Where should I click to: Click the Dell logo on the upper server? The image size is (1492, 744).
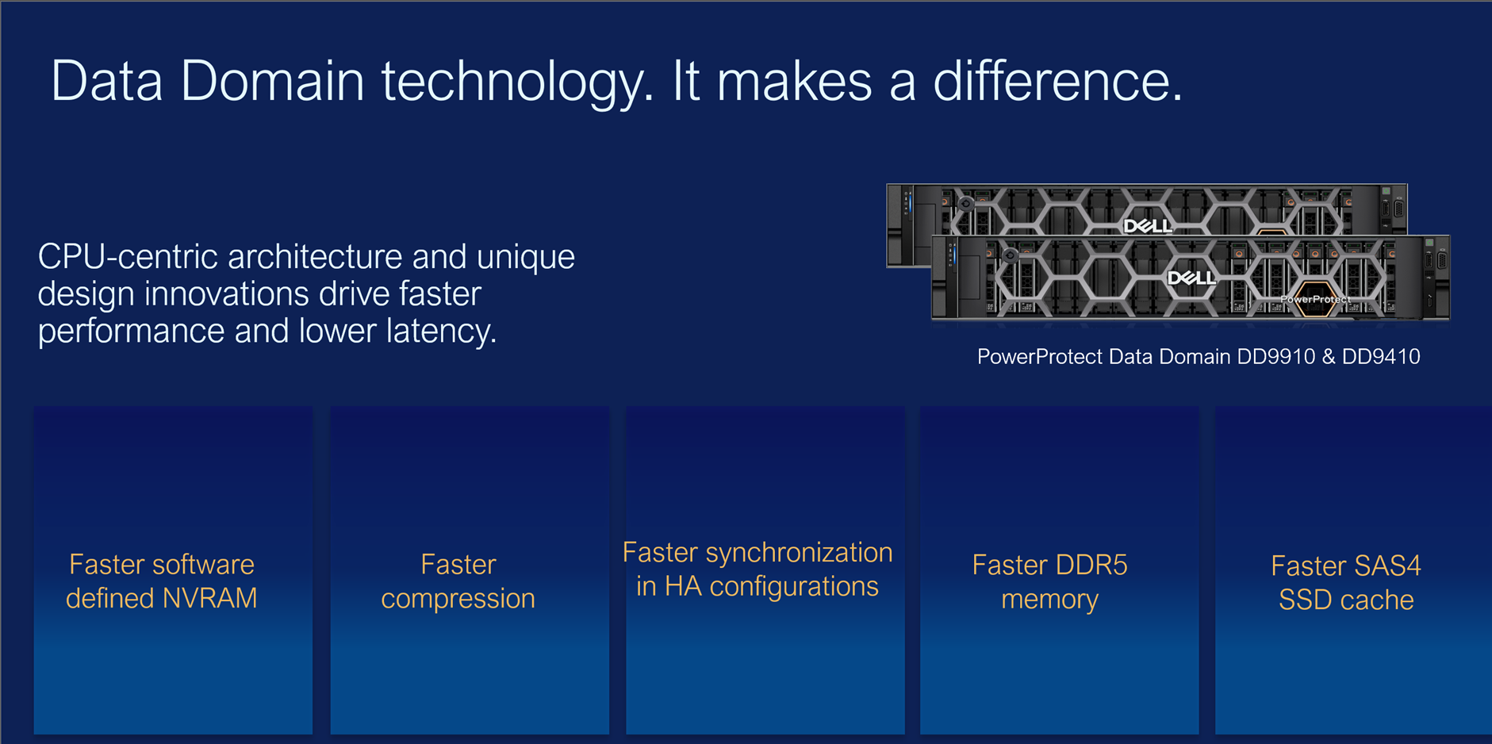(x=1147, y=227)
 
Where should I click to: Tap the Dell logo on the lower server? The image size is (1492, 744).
(x=1191, y=278)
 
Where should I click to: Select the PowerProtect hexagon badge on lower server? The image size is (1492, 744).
(x=1316, y=299)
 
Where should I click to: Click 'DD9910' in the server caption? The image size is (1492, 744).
(x=1275, y=357)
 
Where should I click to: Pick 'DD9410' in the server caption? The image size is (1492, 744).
(x=1381, y=357)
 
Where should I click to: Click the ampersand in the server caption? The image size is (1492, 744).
(x=1329, y=357)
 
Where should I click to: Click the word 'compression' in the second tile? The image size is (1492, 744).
(x=458, y=599)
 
